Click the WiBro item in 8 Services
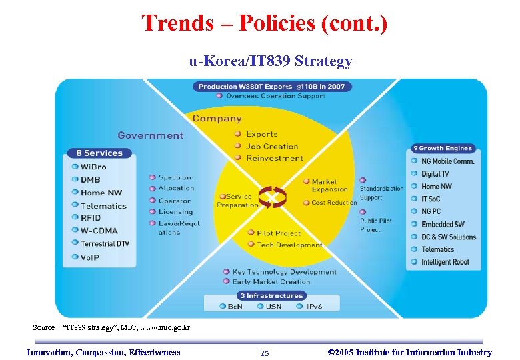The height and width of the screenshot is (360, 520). (x=93, y=167)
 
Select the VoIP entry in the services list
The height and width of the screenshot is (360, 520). (x=90, y=256)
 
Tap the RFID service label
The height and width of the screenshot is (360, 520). (x=91, y=218)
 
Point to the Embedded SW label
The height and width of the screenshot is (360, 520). (x=442, y=224)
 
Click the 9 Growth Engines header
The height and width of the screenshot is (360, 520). (x=442, y=148)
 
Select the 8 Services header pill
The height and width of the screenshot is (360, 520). (x=95, y=153)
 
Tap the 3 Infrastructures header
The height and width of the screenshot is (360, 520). (x=271, y=295)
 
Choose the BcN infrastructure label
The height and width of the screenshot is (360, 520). (x=235, y=307)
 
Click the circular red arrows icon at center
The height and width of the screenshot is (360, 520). (x=271, y=197)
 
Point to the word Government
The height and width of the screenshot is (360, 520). (x=150, y=135)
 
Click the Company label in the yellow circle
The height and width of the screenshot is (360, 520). (x=217, y=119)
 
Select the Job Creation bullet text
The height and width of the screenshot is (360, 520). (x=272, y=146)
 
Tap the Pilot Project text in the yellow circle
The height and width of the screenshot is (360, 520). (x=279, y=233)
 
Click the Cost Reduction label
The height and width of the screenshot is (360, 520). (x=334, y=203)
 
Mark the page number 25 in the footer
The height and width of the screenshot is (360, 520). (x=265, y=353)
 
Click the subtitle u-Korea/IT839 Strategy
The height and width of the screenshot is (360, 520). (x=270, y=62)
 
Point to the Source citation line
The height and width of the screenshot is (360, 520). (x=111, y=327)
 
